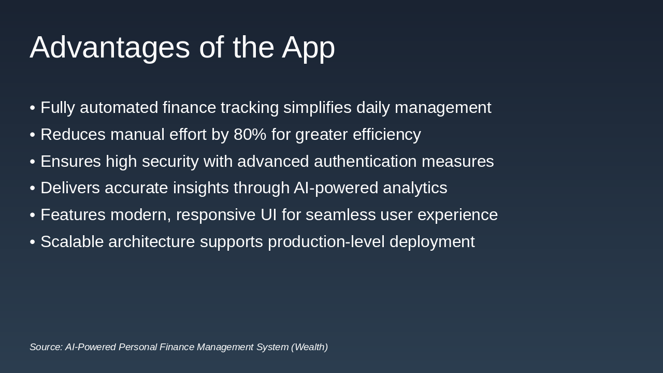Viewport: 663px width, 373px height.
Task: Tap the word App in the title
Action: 308,48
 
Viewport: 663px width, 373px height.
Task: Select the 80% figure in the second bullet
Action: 250,135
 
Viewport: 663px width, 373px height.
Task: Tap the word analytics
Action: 415,188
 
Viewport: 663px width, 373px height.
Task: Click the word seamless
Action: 340,215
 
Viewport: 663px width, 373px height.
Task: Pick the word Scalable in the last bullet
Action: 72,242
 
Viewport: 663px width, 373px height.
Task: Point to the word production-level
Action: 326,242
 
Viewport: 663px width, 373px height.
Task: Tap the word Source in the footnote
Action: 46,347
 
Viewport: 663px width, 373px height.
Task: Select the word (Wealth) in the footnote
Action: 309,347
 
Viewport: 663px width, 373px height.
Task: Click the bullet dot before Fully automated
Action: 32,108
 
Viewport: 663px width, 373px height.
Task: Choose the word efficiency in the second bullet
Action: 386,135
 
